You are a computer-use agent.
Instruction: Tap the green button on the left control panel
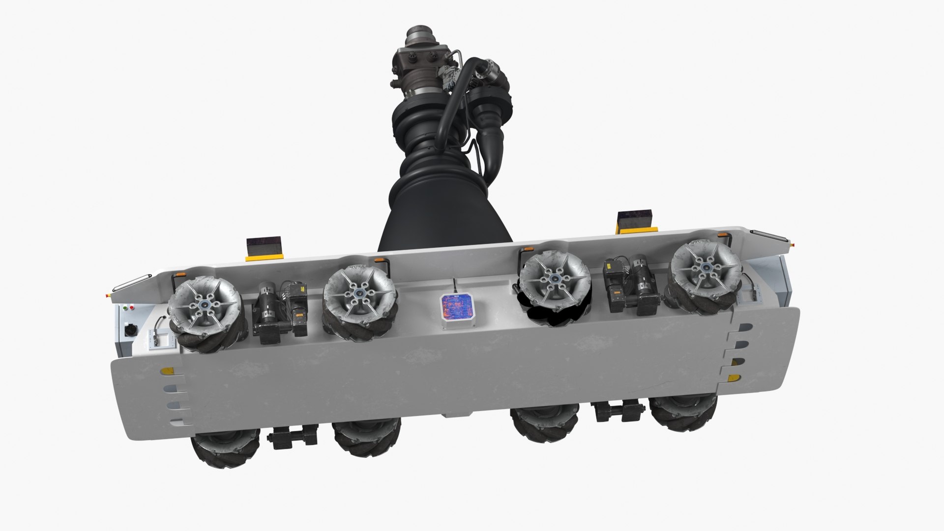click(x=125, y=308)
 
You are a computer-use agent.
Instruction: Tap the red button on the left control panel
click(x=131, y=308)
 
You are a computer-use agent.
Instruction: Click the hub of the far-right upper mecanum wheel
click(x=706, y=267)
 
